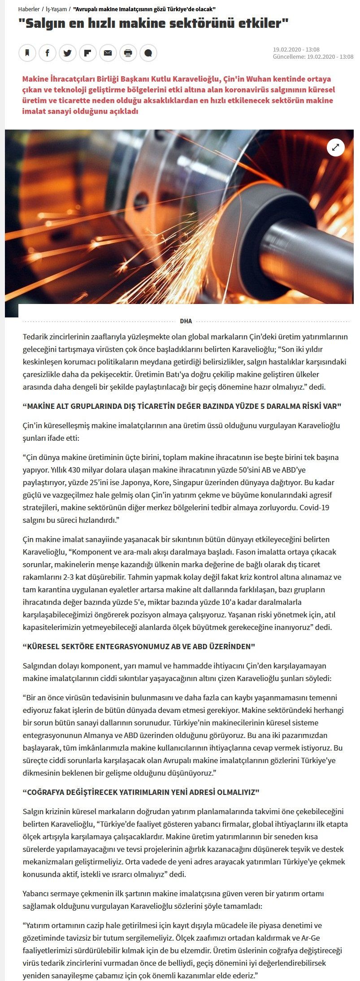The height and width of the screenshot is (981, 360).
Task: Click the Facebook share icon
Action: (x=48, y=53)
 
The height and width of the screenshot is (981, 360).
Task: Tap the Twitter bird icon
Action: (x=68, y=53)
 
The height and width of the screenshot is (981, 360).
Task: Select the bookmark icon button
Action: (x=27, y=53)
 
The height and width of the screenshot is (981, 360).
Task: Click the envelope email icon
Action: (x=108, y=53)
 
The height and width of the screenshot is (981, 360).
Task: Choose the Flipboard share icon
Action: (x=88, y=53)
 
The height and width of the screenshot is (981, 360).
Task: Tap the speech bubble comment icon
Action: (x=148, y=53)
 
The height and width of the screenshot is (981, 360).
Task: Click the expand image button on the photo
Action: (x=335, y=147)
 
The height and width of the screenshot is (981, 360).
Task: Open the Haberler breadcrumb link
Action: (x=29, y=9)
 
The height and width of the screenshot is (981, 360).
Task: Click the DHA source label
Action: (x=186, y=321)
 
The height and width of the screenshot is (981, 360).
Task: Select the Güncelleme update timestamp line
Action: (x=313, y=57)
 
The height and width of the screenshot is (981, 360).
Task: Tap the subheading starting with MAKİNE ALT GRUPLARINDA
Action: (x=182, y=406)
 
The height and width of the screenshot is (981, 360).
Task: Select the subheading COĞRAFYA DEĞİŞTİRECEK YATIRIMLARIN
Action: (x=141, y=792)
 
